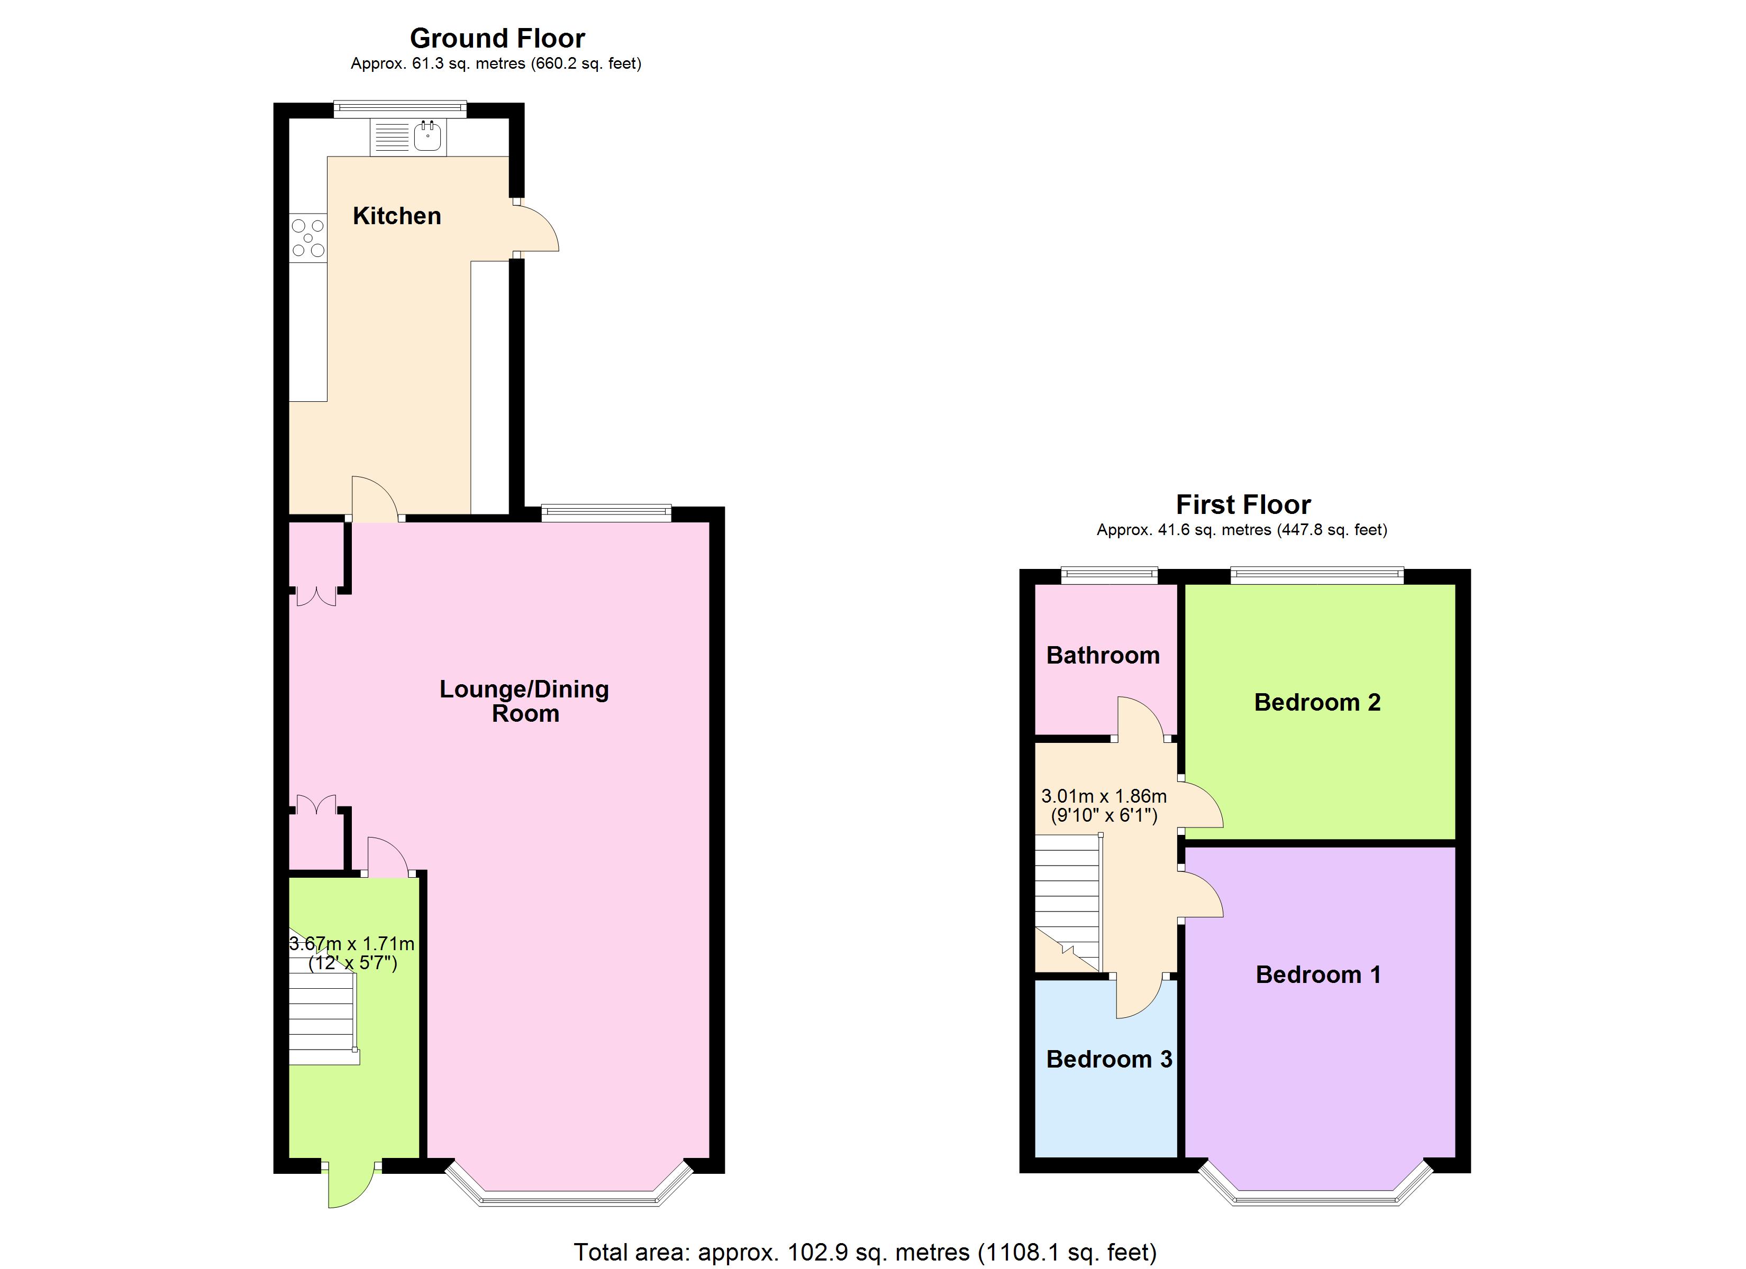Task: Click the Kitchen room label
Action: (396, 216)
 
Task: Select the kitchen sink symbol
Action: (428, 137)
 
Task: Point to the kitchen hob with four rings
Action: (308, 238)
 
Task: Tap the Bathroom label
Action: (1103, 656)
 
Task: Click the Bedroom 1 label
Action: (1317, 975)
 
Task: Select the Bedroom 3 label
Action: (1108, 1060)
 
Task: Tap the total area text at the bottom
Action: (865, 1252)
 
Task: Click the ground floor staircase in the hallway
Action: (322, 1019)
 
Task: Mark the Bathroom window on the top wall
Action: (1108, 574)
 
